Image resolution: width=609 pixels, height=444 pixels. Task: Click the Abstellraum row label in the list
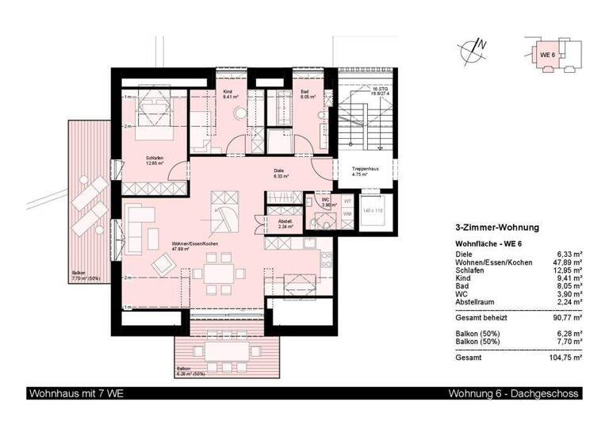[474, 302]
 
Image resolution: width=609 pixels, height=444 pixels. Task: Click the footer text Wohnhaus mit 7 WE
[76, 394]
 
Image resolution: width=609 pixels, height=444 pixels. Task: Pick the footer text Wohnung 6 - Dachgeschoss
[514, 394]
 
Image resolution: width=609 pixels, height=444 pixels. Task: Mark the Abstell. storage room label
[285, 224]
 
